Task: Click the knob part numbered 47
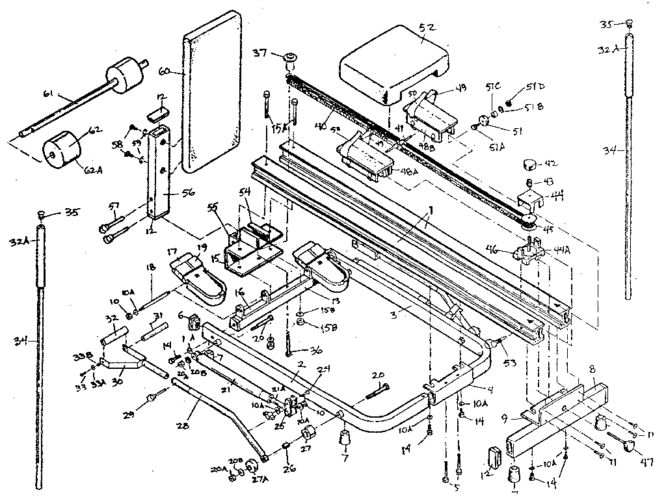pyautogui.click(x=629, y=446)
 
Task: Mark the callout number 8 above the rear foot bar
pyautogui.click(x=591, y=369)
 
